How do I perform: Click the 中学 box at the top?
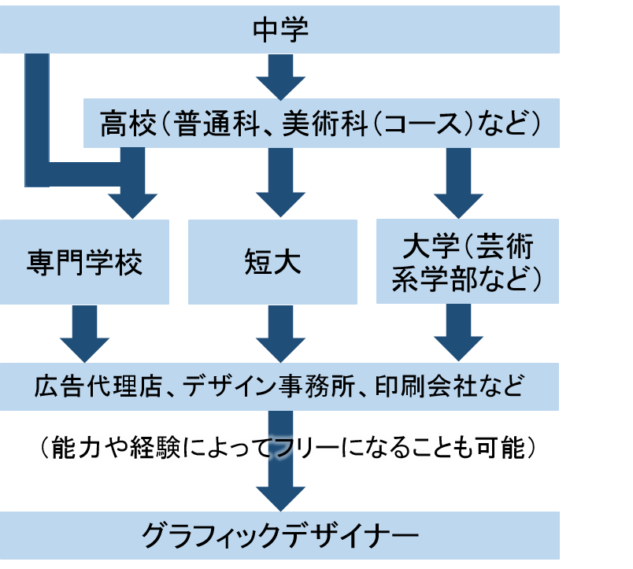[279, 30]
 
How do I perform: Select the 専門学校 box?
[84, 262]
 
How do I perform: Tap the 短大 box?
[272, 262]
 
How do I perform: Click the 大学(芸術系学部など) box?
[468, 262]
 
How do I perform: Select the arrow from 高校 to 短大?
[280, 181]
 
